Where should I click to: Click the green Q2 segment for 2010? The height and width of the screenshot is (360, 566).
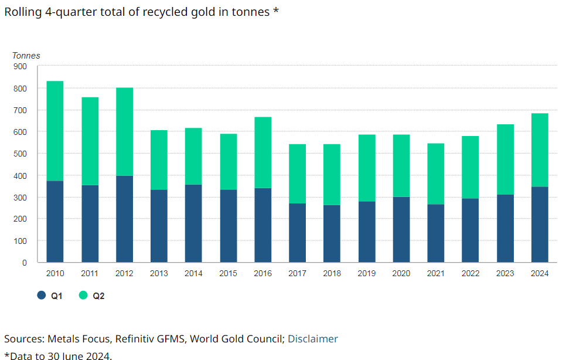click(x=55, y=131)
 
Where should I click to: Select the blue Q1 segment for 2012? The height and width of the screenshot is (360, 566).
click(x=124, y=219)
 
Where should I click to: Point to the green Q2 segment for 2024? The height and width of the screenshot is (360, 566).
click(x=539, y=150)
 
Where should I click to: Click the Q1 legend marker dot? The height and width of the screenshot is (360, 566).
click(x=41, y=296)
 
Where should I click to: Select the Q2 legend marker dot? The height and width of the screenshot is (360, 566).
click(x=83, y=296)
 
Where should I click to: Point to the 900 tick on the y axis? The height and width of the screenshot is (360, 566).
click(x=21, y=66)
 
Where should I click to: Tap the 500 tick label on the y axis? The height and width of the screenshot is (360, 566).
click(x=21, y=154)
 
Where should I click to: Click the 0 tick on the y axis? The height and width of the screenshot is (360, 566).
click(x=25, y=263)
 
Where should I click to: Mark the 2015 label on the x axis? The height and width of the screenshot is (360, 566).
click(x=228, y=273)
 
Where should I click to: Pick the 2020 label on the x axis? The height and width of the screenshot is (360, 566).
click(x=401, y=273)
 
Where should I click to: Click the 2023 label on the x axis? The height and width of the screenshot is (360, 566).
click(x=504, y=273)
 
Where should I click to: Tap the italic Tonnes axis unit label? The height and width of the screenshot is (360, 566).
click(x=26, y=56)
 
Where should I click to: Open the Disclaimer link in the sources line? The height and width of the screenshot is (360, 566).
click(x=313, y=338)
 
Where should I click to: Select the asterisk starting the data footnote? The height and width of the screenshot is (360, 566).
click(x=6, y=355)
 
